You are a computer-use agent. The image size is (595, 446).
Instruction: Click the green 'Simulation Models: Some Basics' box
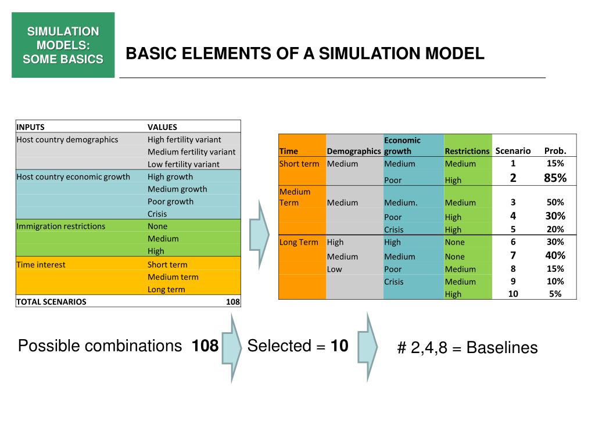[63, 45]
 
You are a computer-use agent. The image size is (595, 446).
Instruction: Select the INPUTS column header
[30, 127]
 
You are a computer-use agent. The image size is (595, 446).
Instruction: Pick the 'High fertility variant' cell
[184, 139]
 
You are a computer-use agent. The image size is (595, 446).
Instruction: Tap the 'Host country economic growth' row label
[73, 177]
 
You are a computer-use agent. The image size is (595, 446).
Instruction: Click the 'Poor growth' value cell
[170, 202]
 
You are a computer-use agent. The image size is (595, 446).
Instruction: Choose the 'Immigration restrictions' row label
[61, 226]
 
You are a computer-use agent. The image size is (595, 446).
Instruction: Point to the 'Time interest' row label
[41, 264]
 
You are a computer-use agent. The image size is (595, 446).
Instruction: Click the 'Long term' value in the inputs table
[166, 289]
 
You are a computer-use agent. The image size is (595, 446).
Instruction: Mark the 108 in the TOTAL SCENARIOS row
[233, 302]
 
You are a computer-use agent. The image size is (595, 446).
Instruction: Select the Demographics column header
[354, 151]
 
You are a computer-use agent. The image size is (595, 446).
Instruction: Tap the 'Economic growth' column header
[402, 145]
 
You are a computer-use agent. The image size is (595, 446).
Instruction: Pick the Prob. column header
[555, 151]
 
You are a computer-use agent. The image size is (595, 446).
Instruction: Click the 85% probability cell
[555, 178]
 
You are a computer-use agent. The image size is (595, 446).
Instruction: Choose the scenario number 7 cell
[513, 256]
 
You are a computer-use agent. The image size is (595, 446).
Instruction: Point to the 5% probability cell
[555, 294]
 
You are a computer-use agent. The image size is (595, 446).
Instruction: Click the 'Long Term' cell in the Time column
[299, 242]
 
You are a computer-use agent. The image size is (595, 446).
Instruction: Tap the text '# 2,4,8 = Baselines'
[467, 348]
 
